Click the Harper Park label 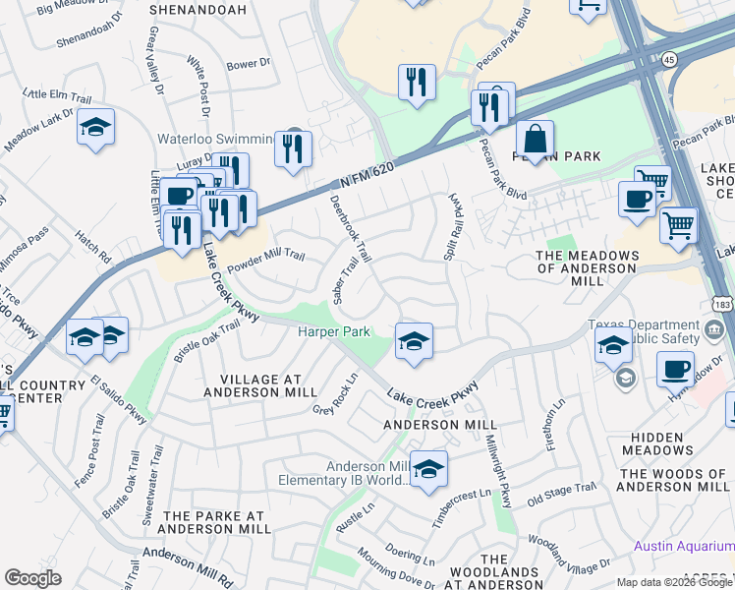(334, 332)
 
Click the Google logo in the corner (32, 578)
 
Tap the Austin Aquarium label (683, 546)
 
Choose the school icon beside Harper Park (414, 341)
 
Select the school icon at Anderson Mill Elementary (428, 470)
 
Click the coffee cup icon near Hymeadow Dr (675, 370)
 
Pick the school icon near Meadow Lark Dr (95, 127)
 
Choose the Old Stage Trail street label (562, 493)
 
